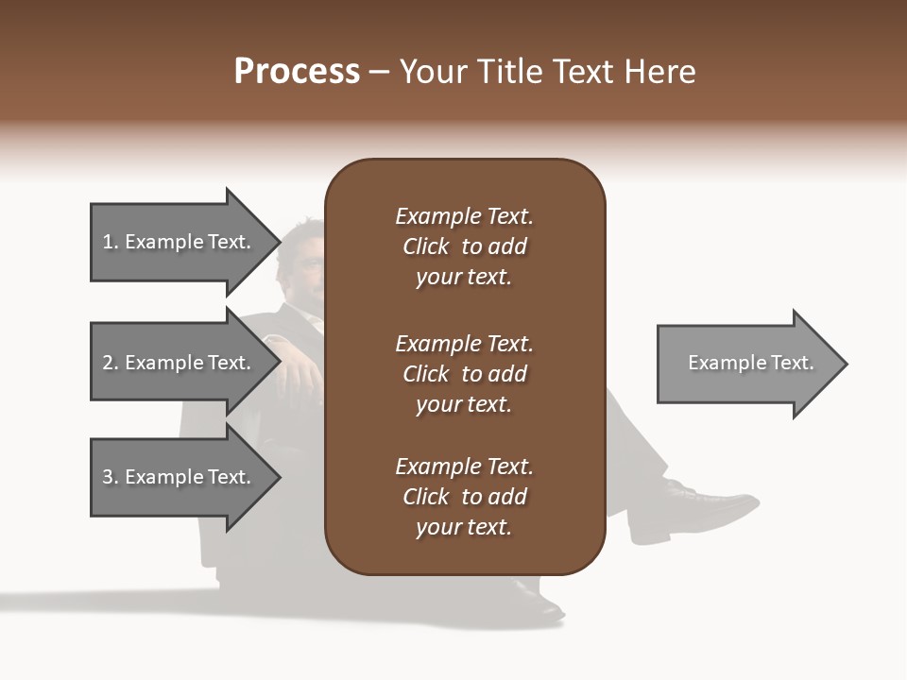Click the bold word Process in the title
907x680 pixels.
click(x=297, y=72)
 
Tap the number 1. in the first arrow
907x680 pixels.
click(x=110, y=242)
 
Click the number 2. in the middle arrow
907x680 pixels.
click(x=110, y=363)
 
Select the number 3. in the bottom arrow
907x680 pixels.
click(x=110, y=477)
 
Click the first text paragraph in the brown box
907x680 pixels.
click(x=464, y=246)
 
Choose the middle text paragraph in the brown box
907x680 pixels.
click(x=464, y=374)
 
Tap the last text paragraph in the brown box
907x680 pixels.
click(x=464, y=497)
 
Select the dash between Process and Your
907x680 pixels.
click(x=380, y=72)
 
